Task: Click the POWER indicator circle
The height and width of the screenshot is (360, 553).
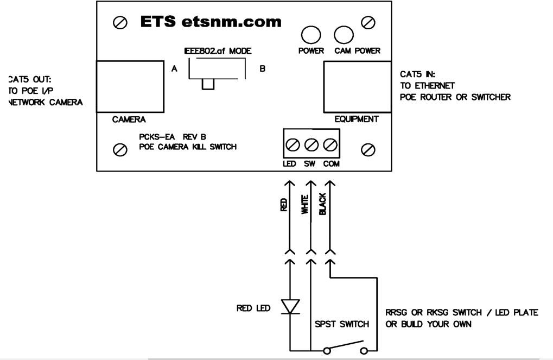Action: tap(310, 35)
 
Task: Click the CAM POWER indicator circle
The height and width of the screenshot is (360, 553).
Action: tap(342, 35)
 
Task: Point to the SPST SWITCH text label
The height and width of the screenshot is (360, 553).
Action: tap(342, 324)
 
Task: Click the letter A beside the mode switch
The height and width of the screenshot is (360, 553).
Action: tap(174, 70)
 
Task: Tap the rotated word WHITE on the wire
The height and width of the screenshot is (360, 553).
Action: tap(304, 206)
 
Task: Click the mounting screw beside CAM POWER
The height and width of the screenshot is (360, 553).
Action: tap(371, 22)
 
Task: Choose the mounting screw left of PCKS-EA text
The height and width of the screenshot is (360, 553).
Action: tap(119, 149)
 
